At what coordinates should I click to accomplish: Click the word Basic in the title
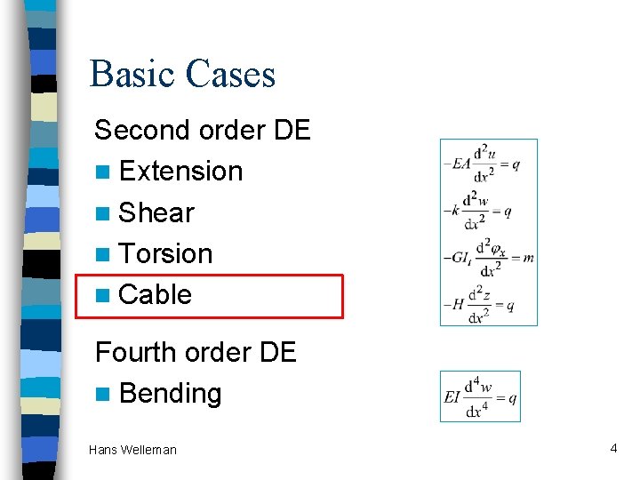(134, 74)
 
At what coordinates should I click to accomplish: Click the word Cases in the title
(232, 74)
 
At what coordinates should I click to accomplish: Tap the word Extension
(180, 171)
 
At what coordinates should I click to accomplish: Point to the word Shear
(156, 212)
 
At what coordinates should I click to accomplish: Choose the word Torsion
(165, 253)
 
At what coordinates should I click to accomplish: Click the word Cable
(155, 294)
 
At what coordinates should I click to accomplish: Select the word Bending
(170, 393)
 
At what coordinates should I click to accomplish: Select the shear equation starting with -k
(479, 211)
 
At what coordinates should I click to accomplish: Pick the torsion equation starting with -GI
(488, 258)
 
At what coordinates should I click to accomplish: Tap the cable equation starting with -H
(480, 305)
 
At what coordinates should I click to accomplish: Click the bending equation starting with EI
(480, 396)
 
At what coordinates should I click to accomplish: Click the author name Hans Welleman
(132, 450)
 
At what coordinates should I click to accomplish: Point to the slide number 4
(613, 448)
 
